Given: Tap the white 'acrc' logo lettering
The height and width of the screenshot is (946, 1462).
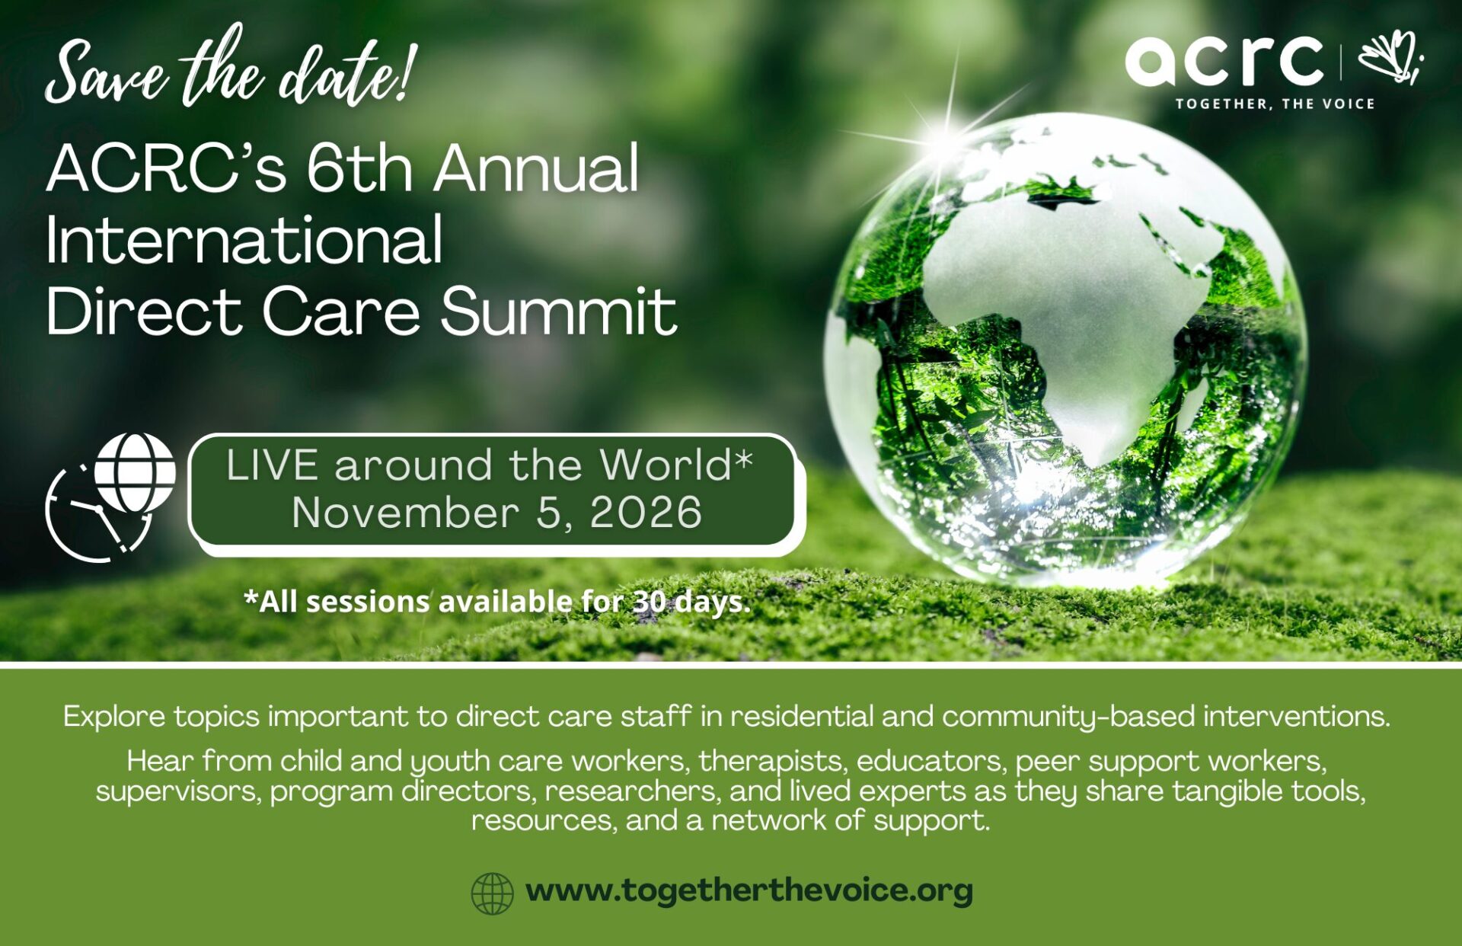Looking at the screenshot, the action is click(1224, 60).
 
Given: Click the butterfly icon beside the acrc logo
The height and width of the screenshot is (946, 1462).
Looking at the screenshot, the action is click(1391, 56).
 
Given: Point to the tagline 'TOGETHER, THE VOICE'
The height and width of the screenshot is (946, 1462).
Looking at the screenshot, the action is click(1275, 104).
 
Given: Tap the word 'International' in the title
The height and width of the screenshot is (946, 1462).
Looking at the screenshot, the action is click(244, 239).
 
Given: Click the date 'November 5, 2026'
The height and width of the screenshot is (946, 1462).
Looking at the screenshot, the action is click(496, 512).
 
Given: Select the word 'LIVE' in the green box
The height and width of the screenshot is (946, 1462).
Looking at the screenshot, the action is click(272, 465).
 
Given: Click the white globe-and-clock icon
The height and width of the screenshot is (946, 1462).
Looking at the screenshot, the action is click(111, 497).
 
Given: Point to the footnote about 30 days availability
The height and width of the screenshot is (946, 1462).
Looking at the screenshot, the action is click(496, 602).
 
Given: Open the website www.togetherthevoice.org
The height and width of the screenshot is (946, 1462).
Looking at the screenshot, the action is click(749, 890).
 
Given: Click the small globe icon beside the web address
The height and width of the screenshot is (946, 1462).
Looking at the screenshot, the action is click(492, 893).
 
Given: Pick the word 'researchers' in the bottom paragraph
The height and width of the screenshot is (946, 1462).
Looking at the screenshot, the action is click(631, 791).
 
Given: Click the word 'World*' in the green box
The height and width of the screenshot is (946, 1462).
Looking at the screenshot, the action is click(675, 465).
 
